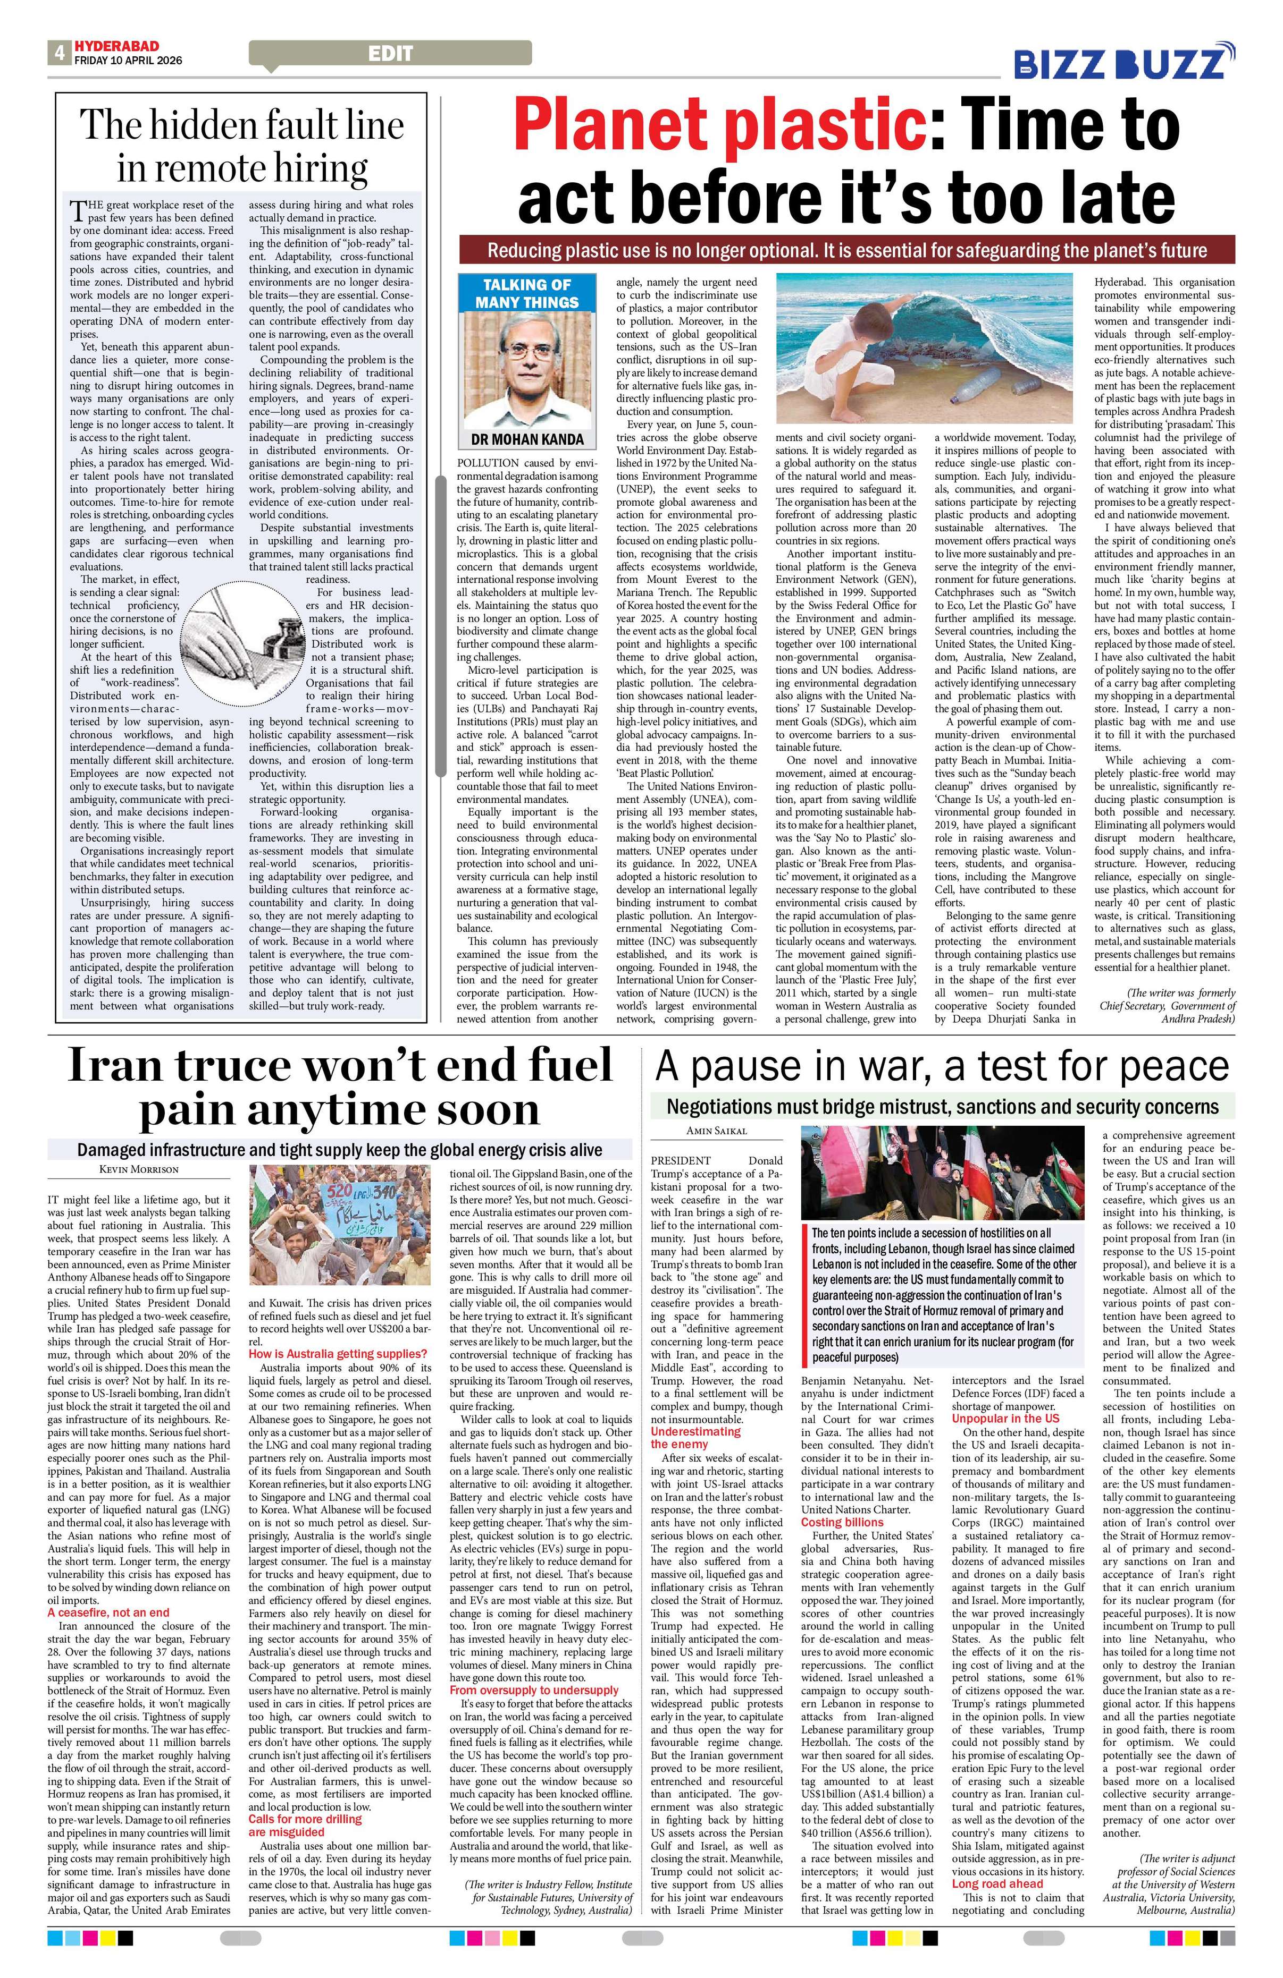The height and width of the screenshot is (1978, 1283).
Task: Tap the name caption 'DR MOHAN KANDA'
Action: click(527, 439)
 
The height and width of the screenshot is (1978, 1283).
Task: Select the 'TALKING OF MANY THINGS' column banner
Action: click(527, 293)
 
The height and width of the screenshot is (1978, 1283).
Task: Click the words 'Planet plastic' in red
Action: click(720, 125)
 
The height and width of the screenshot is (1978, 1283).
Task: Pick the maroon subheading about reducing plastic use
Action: click(846, 250)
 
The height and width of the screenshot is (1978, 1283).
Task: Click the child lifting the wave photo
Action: click(929, 349)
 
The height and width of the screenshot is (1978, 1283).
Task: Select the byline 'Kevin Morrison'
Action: click(139, 1169)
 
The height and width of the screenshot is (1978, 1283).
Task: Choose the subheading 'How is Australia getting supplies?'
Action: click(338, 1355)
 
